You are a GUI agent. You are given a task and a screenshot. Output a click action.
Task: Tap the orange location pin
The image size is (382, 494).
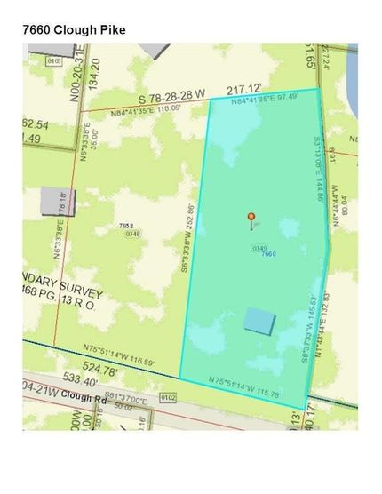(251, 218)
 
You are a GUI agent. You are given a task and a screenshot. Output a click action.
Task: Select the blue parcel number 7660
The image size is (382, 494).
(270, 254)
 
